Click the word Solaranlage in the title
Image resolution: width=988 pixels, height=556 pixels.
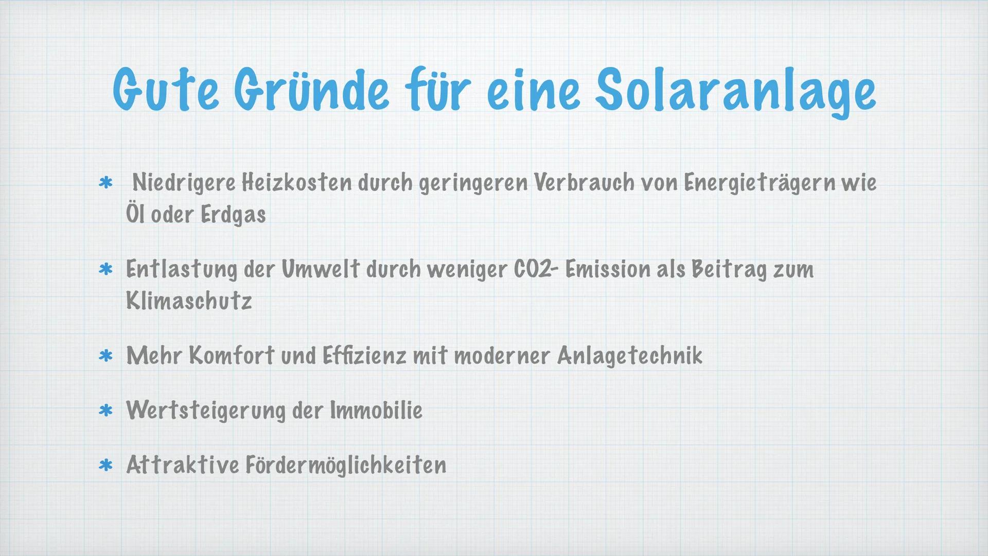[x=735, y=92]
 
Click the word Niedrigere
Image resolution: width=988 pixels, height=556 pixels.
[x=184, y=183]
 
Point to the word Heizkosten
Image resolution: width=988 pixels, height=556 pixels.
[x=297, y=183]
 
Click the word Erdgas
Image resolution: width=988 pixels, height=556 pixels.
[x=233, y=215]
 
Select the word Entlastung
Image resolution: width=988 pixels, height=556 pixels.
[x=182, y=270]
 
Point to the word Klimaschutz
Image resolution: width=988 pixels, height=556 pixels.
[x=189, y=301]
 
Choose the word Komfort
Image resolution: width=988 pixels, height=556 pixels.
[x=232, y=356]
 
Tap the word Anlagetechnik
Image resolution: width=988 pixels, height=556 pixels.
[x=630, y=356]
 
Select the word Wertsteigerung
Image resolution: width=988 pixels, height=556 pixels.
[x=206, y=411]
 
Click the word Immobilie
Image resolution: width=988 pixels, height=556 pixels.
[x=376, y=410]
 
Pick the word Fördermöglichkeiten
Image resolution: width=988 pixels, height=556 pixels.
[x=346, y=465]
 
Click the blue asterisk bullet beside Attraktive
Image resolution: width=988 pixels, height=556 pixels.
[x=105, y=465]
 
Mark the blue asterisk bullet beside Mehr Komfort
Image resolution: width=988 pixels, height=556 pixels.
[x=105, y=356]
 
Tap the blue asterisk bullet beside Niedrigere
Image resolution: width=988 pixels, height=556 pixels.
[x=105, y=183]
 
